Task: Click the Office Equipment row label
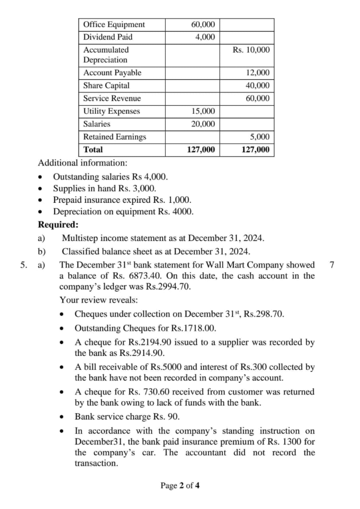coord(114,24)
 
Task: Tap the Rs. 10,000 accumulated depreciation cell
coord(251,50)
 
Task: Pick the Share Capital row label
coord(106,85)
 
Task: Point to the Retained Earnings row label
coord(114,137)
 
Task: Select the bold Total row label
coord(93,149)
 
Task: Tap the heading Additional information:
coord(83,163)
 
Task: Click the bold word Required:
coord(55,224)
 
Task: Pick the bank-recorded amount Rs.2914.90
coord(143,353)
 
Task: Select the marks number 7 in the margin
coord(332,264)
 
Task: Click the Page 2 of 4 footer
coord(180,486)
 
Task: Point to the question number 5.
coord(23,264)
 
